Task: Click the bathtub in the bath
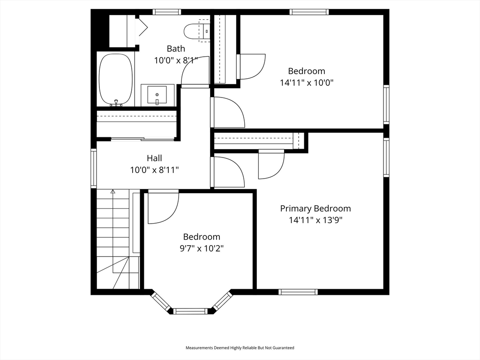[x=116, y=80]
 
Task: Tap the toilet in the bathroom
[x=197, y=30]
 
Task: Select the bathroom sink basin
[x=157, y=95]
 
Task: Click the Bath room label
[x=176, y=49]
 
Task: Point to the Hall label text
[x=154, y=158]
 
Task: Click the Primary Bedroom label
[x=315, y=209]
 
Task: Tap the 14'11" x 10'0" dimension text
[x=307, y=82]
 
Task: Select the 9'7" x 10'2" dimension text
[x=202, y=248]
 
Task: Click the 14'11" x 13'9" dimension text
[x=315, y=220]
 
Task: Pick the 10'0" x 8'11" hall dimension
[x=154, y=170]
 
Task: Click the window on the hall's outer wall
[x=93, y=168]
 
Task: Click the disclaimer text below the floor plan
[x=240, y=348]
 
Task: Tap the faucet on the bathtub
[x=116, y=103]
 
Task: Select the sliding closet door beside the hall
[x=142, y=139]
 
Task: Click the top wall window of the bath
[x=167, y=12]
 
